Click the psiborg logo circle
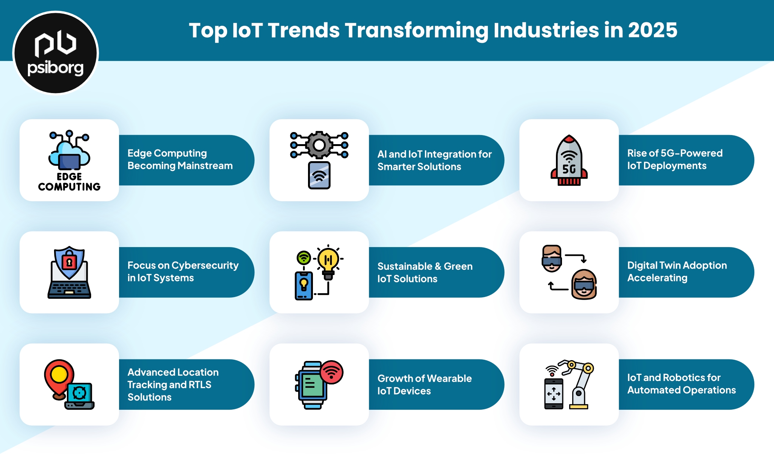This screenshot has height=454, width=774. [56, 53]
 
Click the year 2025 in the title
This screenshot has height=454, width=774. [653, 30]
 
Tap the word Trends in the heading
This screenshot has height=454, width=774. [304, 30]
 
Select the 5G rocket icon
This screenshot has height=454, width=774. [569, 160]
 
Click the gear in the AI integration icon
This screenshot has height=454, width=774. [319, 145]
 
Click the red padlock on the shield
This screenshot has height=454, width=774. [69, 262]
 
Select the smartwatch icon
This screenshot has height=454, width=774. [312, 385]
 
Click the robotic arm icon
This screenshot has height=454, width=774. [576, 384]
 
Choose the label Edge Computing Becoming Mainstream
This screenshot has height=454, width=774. [180, 159]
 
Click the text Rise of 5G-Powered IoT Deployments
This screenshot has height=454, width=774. [675, 159]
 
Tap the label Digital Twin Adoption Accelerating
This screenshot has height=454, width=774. [677, 271]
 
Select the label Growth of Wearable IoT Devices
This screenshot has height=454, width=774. [424, 384]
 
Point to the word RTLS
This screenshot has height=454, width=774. [200, 384]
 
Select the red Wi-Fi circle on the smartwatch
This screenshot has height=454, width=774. [331, 372]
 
